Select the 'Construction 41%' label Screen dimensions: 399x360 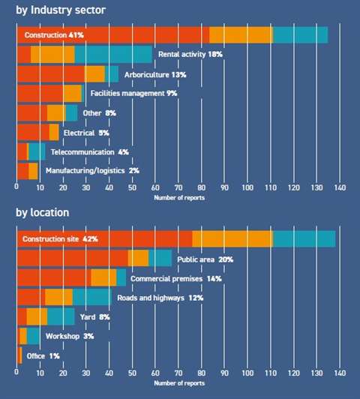(x=53, y=34)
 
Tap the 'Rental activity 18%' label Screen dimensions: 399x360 (x=190, y=54)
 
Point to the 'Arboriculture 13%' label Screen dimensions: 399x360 (x=154, y=73)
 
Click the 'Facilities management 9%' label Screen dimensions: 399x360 (x=133, y=93)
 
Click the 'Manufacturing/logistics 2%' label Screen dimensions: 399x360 (x=92, y=171)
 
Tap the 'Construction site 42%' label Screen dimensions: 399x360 (x=60, y=238)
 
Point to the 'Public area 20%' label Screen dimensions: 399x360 (x=205, y=259)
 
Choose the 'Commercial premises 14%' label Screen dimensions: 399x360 (x=176, y=278)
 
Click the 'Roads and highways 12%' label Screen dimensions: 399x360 (x=160, y=298)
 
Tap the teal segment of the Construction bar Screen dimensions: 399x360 (x=300, y=34)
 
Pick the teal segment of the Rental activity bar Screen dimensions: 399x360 (x=112, y=54)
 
